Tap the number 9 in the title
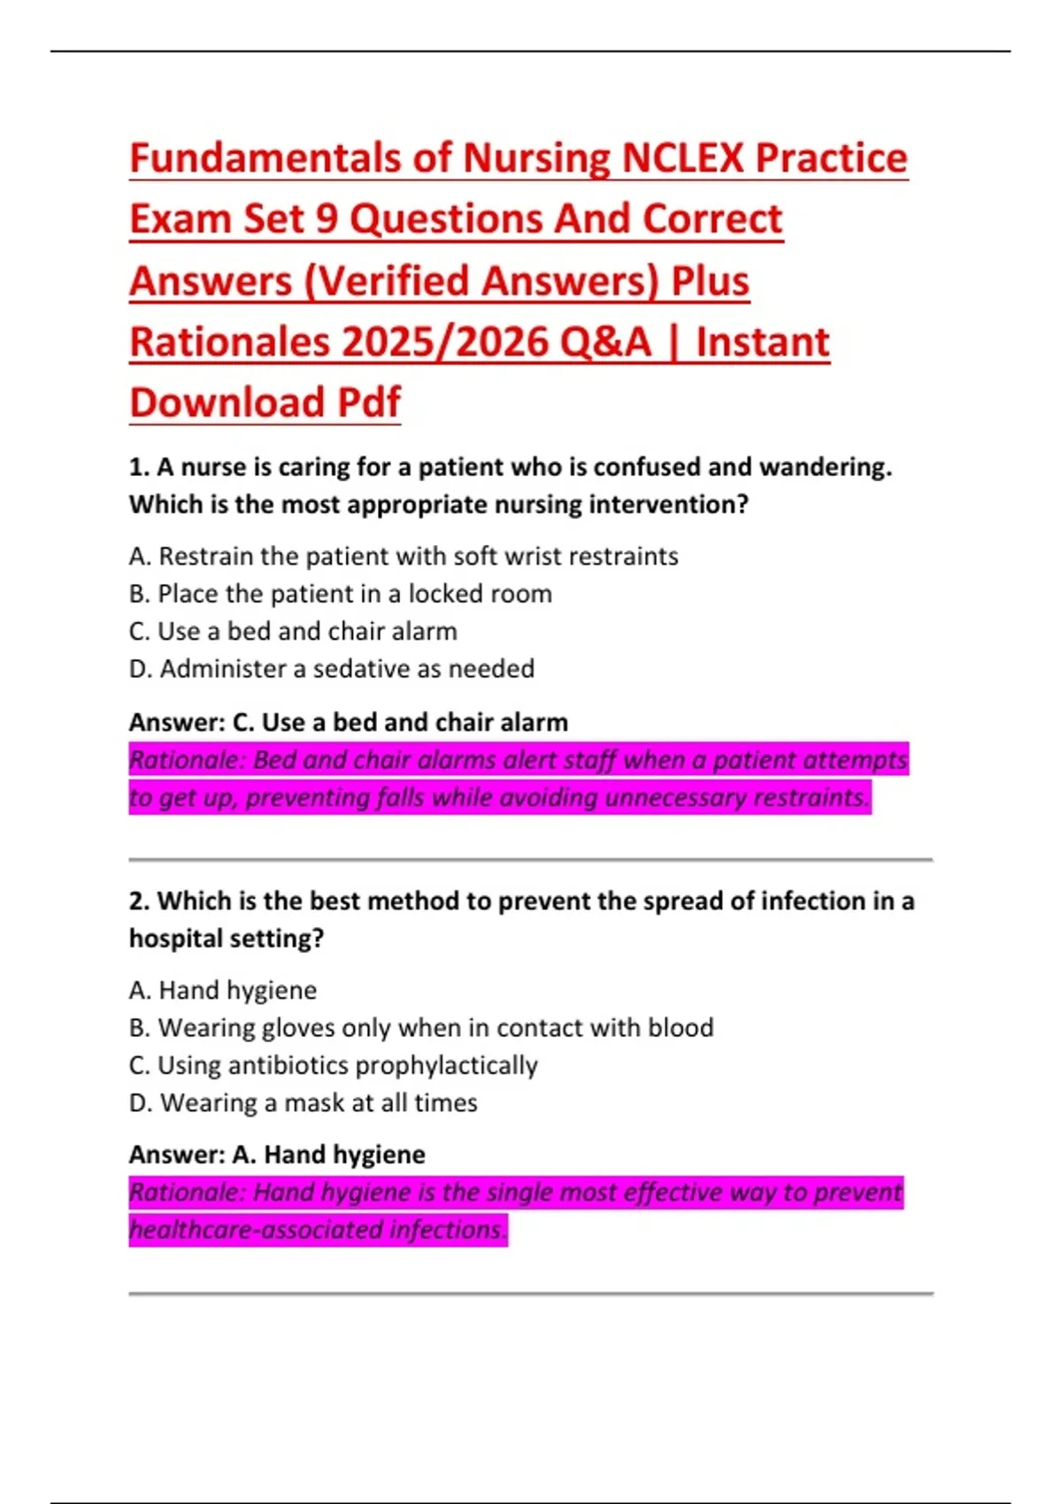(327, 219)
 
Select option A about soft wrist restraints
(404, 556)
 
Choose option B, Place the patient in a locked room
(341, 594)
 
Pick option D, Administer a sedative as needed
(332, 669)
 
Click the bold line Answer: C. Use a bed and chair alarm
(348, 722)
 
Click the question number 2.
(138, 901)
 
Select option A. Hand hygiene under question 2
(223, 990)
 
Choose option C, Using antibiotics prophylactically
(334, 1065)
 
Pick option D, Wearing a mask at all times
(304, 1103)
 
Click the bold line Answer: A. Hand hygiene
(277, 1155)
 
